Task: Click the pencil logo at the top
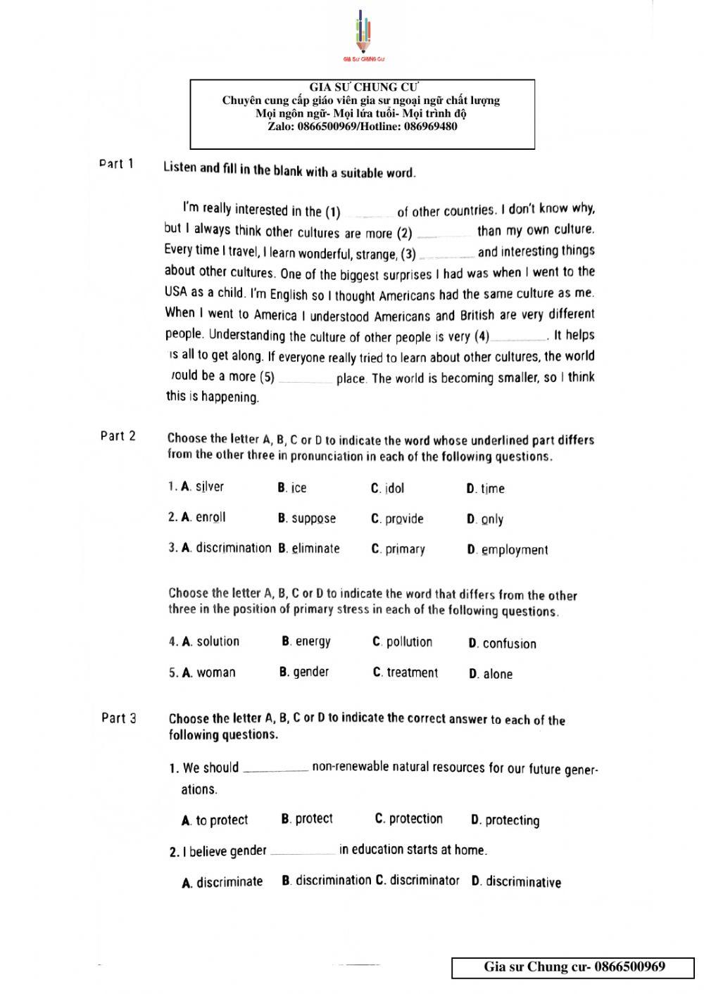pyautogui.click(x=363, y=35)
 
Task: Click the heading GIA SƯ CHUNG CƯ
pyautogui.click(x=363, y=88)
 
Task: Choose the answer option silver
pyautogui.click(x=209, y=486)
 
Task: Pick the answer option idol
pyautogui.click(x=394, y=488)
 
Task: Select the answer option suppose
pyautogui.click(x=313, y=518)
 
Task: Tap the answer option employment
pyautogui.click(x=515, y=550)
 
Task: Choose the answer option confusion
pyautogui.click(x=509, y=644)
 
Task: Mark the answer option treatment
pyautogui.click(x=412, y=673)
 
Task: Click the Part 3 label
pyautogui.click(x=119, y=718)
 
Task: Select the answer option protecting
pyautogui.click(x=512, y=820)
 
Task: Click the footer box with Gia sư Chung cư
pyautogui.click(x=574, y=967)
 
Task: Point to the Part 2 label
pyautogui.click(x=118, y=436)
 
